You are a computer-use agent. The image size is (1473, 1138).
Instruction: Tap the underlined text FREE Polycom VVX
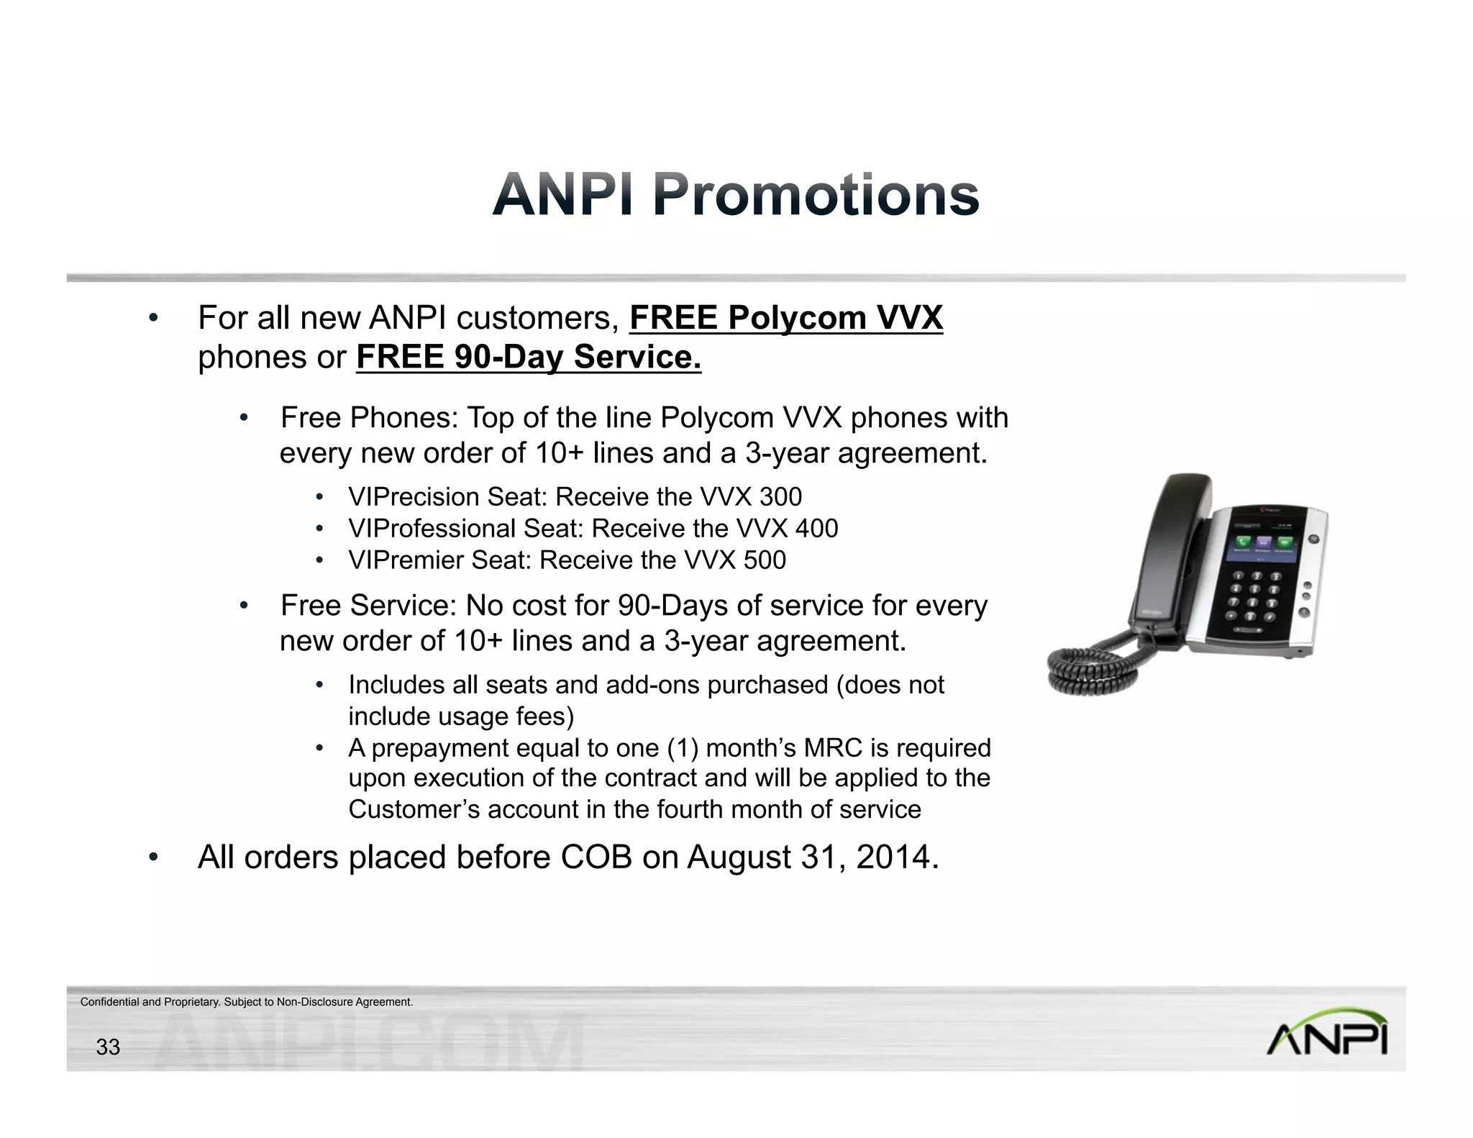(785, 318)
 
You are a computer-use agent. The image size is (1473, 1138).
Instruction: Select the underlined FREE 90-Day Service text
(528, 357)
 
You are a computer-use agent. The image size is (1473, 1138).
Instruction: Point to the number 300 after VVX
(780, 497)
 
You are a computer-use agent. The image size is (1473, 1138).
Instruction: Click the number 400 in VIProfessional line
(816, 529)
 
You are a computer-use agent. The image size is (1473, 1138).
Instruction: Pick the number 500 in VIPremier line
(765, 560)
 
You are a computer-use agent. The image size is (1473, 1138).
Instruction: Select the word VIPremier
(405, 560)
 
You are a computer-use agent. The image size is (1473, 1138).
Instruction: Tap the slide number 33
(108, 1047)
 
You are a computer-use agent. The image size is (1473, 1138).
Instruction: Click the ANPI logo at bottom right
(1326, 1033)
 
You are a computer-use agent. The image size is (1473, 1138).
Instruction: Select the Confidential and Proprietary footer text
(247, 1002)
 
